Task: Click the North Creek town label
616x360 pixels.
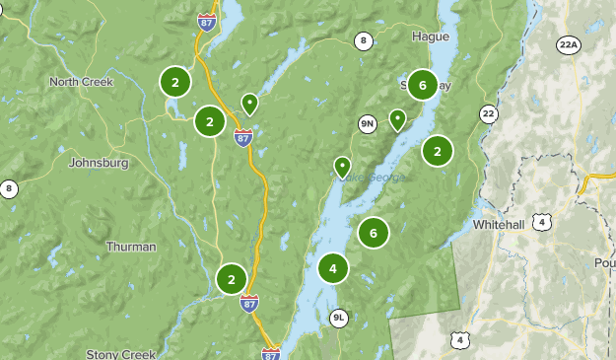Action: click(82, 82)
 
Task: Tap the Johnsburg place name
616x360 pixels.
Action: click(99, 163)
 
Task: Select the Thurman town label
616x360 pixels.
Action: click(130, 247)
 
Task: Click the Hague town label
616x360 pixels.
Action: click(430, 36)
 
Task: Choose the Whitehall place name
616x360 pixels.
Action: click(499, 225)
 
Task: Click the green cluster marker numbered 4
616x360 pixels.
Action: click(333, 268)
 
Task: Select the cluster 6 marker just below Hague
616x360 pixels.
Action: click(422, 85)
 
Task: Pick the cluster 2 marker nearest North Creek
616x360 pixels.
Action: click(174, 82)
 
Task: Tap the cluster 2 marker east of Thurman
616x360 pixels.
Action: click(232, 279)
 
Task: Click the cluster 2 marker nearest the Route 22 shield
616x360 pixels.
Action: click(437, 151)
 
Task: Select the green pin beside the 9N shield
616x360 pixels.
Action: click(397, 119)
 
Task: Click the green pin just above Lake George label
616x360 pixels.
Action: click(342, 166)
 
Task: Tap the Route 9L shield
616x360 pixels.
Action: click(339, 318)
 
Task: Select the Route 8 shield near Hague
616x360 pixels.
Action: click(364, 40)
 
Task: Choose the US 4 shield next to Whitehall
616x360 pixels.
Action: click(543, 223)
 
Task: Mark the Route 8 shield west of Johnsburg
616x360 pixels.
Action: click(9, 188)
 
